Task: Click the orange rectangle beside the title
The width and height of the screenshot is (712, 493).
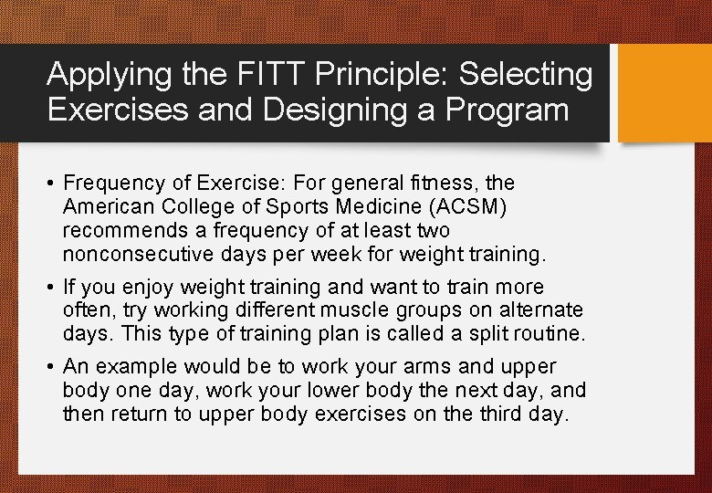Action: coord(665,93)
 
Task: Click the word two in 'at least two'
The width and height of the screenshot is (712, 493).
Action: coord(432,230)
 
